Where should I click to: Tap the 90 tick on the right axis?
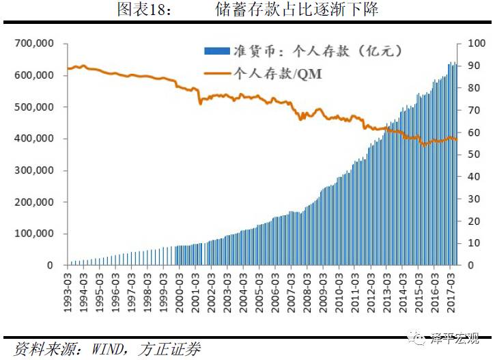pos(471,66)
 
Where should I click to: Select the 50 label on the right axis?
pos(471,154)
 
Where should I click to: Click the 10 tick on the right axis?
pos(471,243)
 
